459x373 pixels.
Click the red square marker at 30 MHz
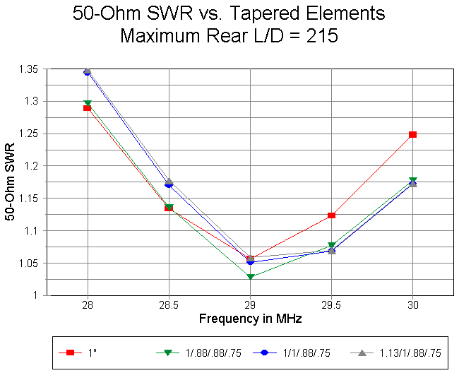[412, 134]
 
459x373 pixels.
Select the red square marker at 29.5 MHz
[331, 215]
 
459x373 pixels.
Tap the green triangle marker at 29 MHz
[250, 277]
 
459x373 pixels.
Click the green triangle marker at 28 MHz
[88, 104]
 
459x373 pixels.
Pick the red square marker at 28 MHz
[88, 108]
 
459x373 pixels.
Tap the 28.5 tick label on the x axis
[169, 306]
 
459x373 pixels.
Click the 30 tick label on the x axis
[412, 306]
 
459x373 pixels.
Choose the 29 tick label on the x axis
[250, 306]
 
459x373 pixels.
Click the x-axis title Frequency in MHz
[250, 319]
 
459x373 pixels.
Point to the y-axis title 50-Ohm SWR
[11, 182]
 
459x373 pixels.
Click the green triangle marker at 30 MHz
[412, 181]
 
